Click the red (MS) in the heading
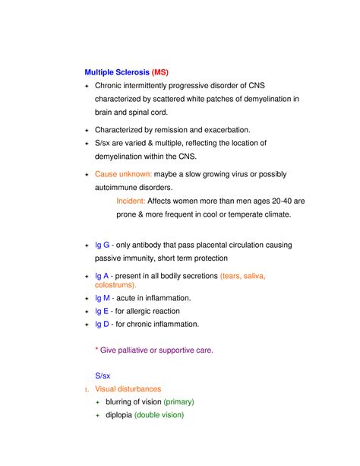point(159,72)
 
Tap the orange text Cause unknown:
point(123,174)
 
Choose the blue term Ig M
point(103,298)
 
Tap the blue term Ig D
point(103,324)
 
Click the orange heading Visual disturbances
point(128,388)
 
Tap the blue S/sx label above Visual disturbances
point(103,376)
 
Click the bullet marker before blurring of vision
point(97,402)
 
